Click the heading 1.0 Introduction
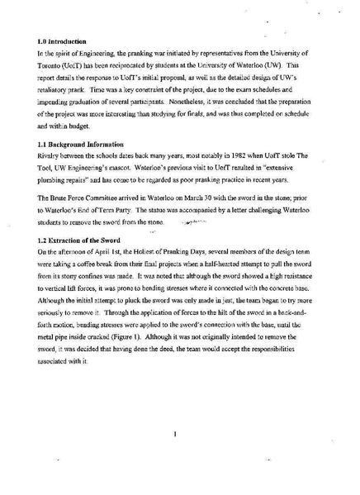point(63,40)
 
